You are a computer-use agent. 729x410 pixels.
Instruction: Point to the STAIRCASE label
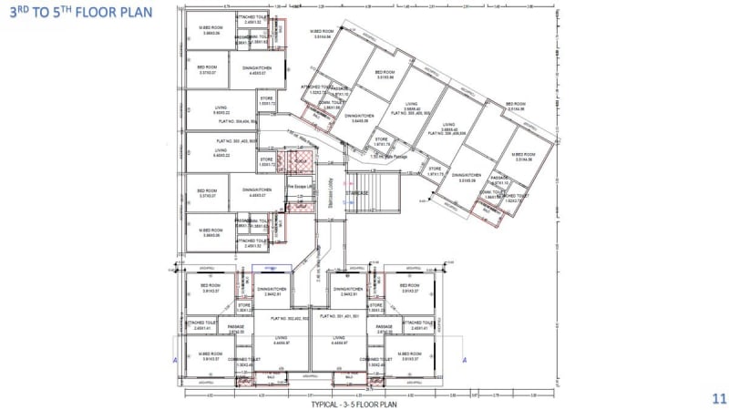[x=356, y=193]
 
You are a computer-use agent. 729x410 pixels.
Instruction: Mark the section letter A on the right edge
[x=465, y=360]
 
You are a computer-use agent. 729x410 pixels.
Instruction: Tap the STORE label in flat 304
[x=266, y=97]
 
